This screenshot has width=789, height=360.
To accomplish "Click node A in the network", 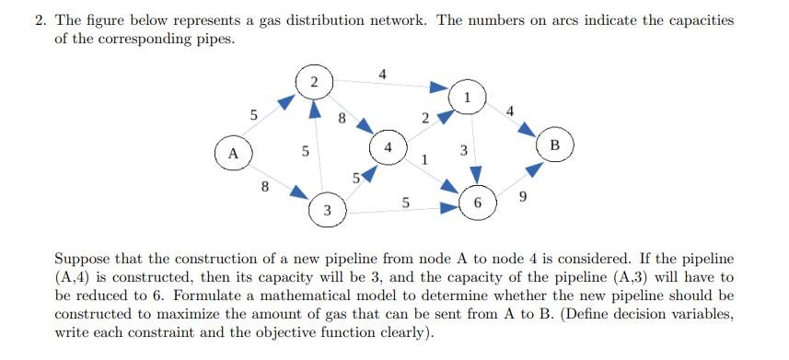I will tap(234, 153).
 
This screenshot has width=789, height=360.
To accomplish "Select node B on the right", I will tap(554, 145).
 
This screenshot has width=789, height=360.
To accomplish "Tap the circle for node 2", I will tap(315, 82).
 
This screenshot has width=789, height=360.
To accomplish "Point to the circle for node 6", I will tap(477, 202).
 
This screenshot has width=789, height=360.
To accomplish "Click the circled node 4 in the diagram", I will tap(389, 147).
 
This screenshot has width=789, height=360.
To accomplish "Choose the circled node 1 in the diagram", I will tap(468, 97).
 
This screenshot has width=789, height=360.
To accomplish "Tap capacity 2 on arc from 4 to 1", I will tap(424, 118).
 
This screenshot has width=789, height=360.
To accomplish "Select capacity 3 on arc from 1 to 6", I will tap(464, 150).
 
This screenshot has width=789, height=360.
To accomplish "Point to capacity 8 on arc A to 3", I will tap(265, 187).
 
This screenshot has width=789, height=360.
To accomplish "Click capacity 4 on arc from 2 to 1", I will tap(382, 74).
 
